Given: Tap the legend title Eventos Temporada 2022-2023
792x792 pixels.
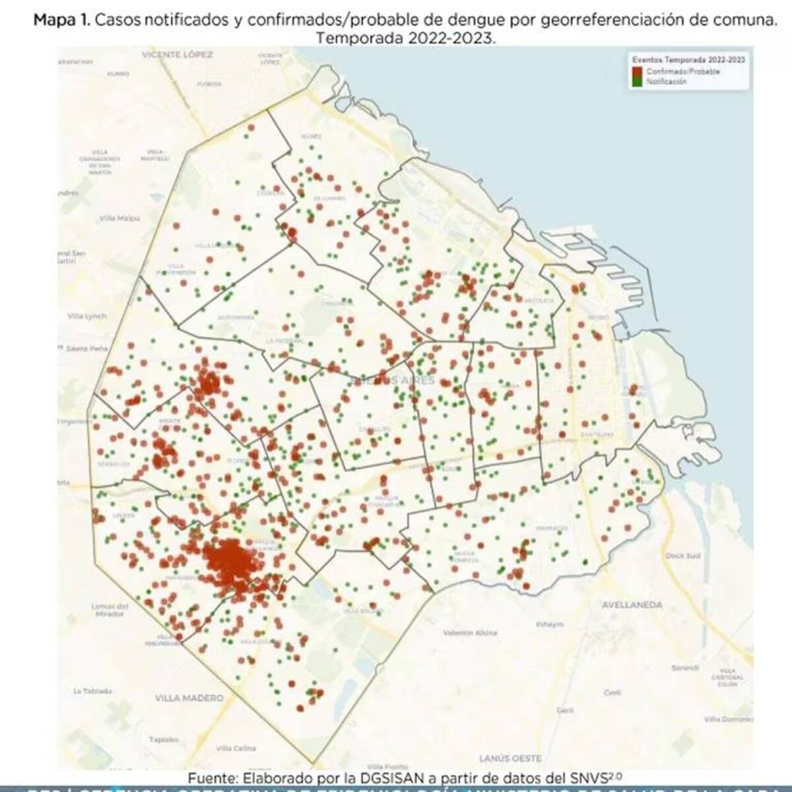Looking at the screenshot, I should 688,59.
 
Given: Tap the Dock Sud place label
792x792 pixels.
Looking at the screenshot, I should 682,556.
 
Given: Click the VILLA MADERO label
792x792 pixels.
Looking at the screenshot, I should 189,698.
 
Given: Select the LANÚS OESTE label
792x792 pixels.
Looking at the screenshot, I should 510,758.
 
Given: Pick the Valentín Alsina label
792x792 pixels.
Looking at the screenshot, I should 470,633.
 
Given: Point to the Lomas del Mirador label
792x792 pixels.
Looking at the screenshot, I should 110,610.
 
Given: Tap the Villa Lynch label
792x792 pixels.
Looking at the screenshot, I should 86,316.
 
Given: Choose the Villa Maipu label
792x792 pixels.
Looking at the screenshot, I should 119,218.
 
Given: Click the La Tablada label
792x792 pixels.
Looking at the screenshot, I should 92,691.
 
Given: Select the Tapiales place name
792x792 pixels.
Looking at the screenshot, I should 164,739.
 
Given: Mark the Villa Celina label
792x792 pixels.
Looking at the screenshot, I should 236,748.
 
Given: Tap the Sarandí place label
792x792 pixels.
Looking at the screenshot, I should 685,668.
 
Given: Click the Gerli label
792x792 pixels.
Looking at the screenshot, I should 565,710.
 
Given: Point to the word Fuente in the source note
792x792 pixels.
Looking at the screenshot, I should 211,777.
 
